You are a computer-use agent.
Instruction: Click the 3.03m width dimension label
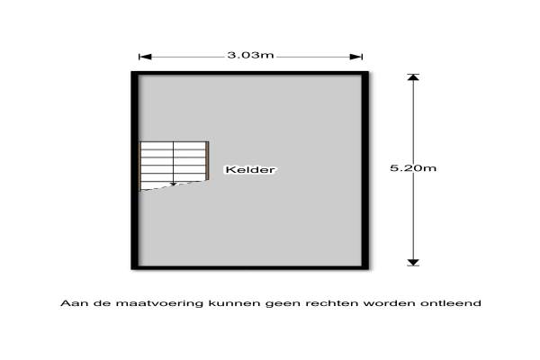tap(250, 55)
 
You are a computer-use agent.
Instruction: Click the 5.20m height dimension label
tap(413, 168)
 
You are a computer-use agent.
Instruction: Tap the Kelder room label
tap(250, 169)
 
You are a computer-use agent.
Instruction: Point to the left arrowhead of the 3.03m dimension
tap(145, 57)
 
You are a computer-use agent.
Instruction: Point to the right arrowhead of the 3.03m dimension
tap(356, 57)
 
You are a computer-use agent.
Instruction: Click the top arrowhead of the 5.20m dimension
tap(413, 77)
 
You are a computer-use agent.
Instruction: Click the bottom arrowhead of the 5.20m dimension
tap(413, 263)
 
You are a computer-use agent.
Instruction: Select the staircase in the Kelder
tap(174, 166)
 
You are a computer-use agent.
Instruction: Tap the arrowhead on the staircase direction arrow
tap(173, 184)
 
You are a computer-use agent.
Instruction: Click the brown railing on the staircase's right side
tap(207, 160)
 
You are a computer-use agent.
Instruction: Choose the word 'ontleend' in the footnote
tap(451, 303)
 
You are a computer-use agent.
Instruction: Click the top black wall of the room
tap(250, 74)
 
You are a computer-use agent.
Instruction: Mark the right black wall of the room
tap(365, 170)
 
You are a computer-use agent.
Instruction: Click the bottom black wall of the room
tap(250, 267)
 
